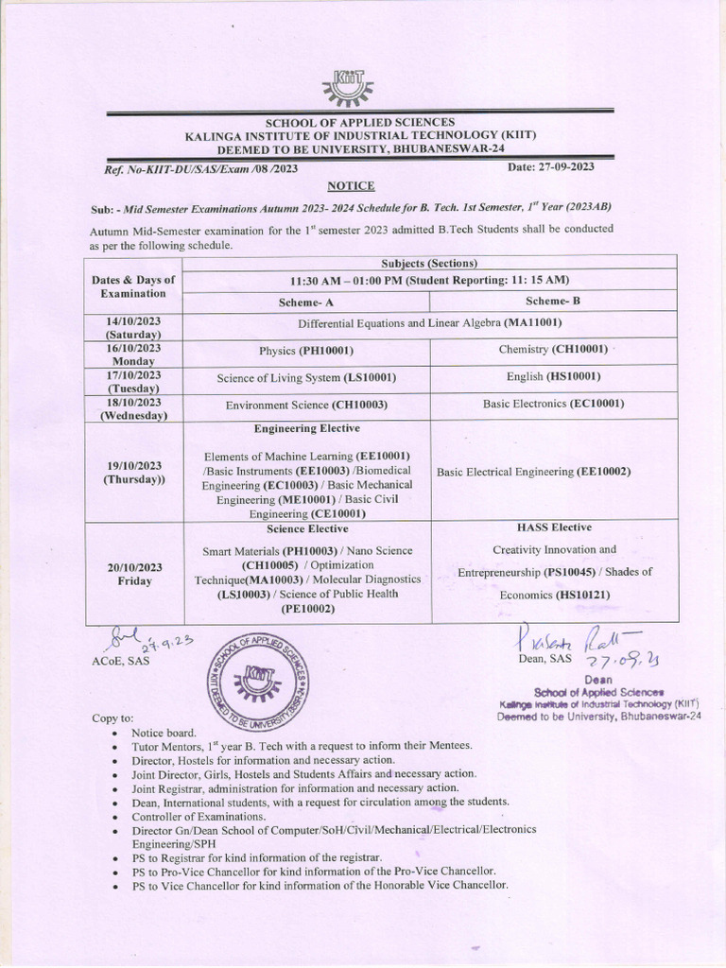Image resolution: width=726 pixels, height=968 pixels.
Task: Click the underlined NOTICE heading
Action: coord(351,185)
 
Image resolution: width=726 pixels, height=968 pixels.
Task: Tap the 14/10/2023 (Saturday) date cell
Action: coord(133,327)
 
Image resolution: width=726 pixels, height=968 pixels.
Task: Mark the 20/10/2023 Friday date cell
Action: coord(134,574)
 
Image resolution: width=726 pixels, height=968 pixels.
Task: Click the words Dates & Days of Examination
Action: coord(133,286)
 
